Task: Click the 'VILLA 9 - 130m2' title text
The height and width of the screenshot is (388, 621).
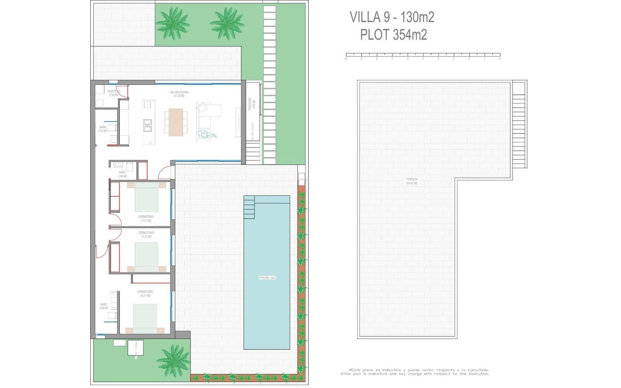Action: click(x=392, y=17)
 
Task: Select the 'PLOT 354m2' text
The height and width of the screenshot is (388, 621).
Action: click(x=393, y=35)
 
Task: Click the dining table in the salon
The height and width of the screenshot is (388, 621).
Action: click(x=176, y=122)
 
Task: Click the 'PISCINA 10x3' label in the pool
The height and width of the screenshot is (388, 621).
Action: click(x=267, y=278)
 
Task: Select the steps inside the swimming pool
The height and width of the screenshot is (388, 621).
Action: click(x=248, y=207)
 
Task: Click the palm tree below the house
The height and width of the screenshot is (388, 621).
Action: click(x=174, y=360)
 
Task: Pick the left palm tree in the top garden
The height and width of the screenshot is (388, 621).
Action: click(x=172, y=23)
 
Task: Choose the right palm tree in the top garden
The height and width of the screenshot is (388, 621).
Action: click(x=227, y=23)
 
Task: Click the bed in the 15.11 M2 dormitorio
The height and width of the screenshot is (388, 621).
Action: click(x=145, y=318)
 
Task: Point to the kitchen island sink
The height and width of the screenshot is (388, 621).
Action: click(x=146, y=126)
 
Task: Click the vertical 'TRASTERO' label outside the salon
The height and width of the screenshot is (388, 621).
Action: click(x=250, y=104)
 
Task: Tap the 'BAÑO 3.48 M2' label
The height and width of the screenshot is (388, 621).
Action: click(x=104, y=306)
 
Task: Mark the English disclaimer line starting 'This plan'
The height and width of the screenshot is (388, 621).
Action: click(x=415, y=374)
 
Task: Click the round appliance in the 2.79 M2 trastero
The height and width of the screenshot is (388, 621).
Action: click(x=100, y=103)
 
